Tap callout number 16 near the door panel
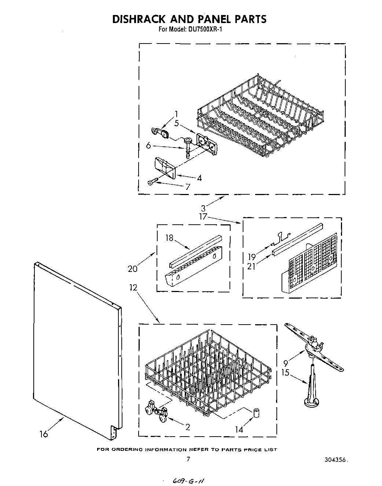[44, 434]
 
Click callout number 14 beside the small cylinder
[239, 430]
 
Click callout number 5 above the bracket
[177, 123]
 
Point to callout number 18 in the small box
[169, 238]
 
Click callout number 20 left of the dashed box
[132, 269]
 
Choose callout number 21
[251, 266]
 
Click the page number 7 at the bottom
[188, 459]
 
